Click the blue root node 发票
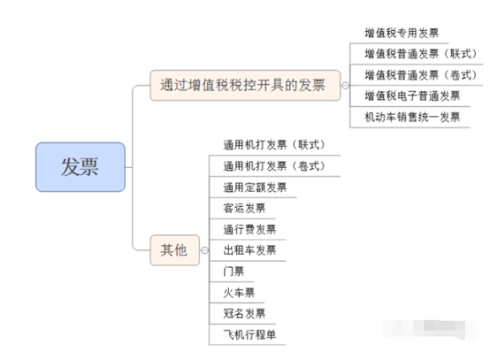pyautogui.click(x=80, y=167)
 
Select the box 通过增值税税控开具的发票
pyautogui.click(x=245, y=85)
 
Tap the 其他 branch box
pyautogui.click(x=175, y=250)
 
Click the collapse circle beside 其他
pyautogui.click(x=204, y=250)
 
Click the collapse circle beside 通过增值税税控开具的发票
pyautogui.click(x=345, y=85)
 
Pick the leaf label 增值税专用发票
pyautogui.click(x=402, y=33)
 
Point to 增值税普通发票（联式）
pyautogui.click(x=421, y=54)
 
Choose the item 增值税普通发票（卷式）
pyautogui.click(x=421, y=75)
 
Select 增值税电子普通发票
pyautogui.click(x=412, y=96)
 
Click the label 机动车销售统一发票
pyautogui.click(x=412, y=117)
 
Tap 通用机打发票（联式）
pyautogui.click(x=274, y=145)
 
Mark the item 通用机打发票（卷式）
pyautogui.click(x=274, y=166)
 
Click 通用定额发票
pyautogui.click(x=255, y=188)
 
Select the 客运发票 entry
pyautogui.click(x=244, y=208)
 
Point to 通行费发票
pyautogui.click(x=249, y=229)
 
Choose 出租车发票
pyautogui.click(x=249, y=250)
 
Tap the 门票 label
pyautogui.click(x=234, y=272)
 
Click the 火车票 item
pyautogui.click(x=239, y=293)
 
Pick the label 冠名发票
pyautogui.click(x=244, y=313)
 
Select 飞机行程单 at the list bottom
pyautogui.click(x=249, y=334)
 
